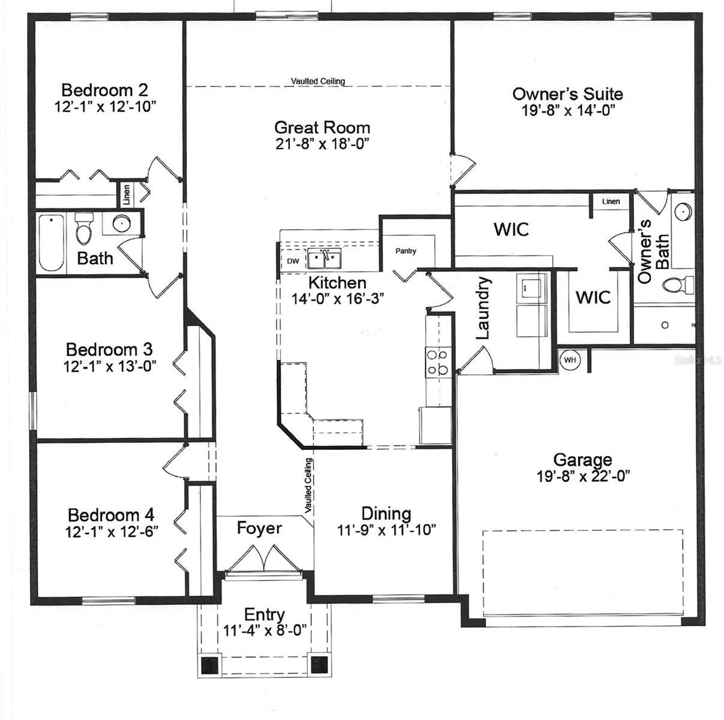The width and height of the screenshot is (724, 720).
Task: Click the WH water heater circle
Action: (570, 360)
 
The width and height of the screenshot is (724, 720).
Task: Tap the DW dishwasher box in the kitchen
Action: (293, 260)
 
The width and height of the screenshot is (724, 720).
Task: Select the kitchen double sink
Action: (324, 259)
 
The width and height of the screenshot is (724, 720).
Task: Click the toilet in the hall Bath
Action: (83, 229)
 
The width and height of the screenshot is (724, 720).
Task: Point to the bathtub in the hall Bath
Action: (52, 242)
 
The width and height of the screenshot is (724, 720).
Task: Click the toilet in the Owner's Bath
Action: (678, 284)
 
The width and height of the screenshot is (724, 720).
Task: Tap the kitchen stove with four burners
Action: (438, 362)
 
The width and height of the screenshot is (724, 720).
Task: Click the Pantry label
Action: (406, 251)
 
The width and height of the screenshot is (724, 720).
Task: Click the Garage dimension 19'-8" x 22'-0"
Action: (583, 476)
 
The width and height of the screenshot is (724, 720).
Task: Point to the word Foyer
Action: (259, 528)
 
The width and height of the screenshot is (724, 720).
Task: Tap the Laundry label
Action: (483, 308)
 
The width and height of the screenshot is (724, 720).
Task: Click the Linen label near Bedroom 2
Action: (127, 195)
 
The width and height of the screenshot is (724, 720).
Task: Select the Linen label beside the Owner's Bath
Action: (611, 202)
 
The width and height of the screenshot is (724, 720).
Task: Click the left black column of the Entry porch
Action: (210, 665)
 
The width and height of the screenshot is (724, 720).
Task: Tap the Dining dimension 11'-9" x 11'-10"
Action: (386, 530)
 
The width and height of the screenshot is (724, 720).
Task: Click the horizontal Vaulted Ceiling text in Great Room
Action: (318, 81)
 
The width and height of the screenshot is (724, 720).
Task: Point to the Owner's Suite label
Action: (568, 94)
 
